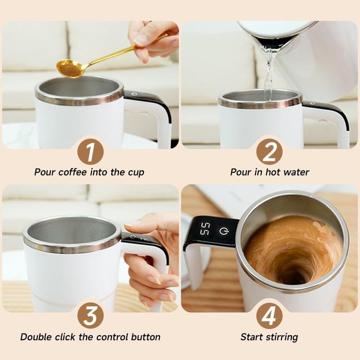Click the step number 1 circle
click(x=90, y=152)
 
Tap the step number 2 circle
click(x=269, y=152)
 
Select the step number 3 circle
click(x=90, y=316)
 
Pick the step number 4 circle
click(x=269, y=316)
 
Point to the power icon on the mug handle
click(x=223, y=231)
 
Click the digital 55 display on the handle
click(x=205, y=229)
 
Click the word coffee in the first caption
click(x=75, y=172)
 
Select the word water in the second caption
click(x=295, y=172)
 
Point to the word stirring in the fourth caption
click(x=281, y=337)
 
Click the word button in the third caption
click(x=145, y=337)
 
